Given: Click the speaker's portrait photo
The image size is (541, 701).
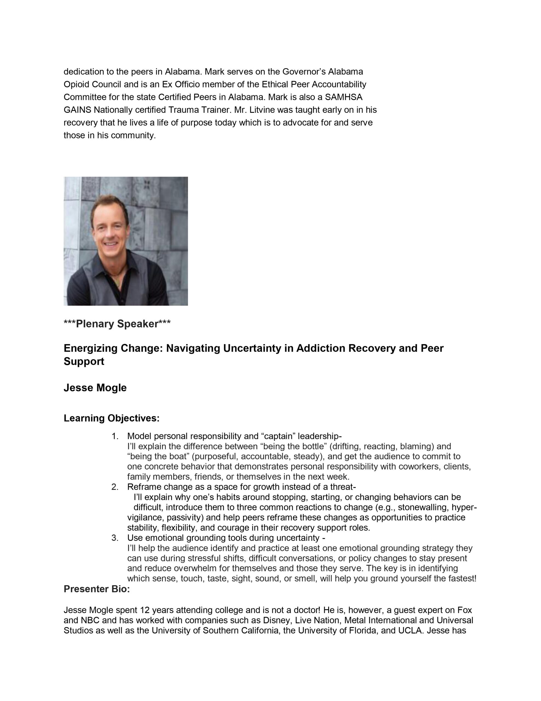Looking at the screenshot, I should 126,241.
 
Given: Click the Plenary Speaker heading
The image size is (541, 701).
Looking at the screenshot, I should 117,324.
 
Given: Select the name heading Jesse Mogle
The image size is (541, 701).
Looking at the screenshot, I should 95,387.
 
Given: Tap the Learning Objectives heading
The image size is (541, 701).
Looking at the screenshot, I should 111,418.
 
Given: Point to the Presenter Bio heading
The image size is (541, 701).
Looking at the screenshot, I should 97,589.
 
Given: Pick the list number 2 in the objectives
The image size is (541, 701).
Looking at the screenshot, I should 115,487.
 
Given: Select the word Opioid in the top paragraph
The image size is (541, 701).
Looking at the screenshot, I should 77,84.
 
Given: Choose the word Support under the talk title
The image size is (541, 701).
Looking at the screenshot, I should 84,361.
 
